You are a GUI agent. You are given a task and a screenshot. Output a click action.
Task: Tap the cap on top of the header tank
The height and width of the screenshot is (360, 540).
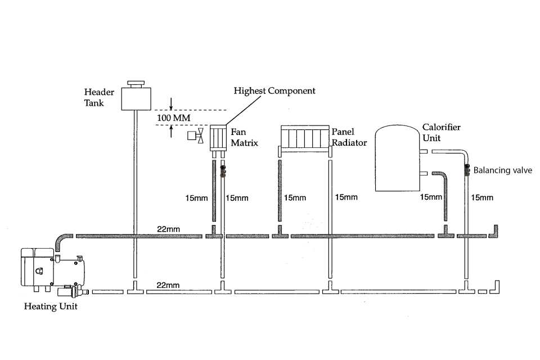coord(135,84)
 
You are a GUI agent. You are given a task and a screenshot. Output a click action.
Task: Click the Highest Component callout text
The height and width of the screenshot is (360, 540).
coord(274,91)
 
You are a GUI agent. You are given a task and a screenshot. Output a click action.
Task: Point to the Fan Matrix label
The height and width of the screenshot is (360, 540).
coord(244,137)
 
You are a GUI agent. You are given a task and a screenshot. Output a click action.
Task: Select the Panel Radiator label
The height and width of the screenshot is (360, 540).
coord(349,137)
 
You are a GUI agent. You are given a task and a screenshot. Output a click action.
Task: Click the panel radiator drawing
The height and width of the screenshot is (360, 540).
coord(304,138)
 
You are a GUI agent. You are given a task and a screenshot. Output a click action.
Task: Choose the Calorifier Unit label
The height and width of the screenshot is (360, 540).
coord(441,132)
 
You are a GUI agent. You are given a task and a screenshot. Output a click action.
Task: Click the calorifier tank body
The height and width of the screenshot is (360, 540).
coord(398,158)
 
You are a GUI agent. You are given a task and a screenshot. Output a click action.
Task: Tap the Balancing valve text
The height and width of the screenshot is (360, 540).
coord(503,170)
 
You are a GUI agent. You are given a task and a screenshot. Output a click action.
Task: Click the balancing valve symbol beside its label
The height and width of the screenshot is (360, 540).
coord(467,170)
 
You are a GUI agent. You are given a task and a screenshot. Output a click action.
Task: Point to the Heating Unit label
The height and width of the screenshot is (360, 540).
coord(51,307)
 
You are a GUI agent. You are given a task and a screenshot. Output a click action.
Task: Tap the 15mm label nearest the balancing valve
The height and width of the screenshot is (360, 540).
coord(482,197)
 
